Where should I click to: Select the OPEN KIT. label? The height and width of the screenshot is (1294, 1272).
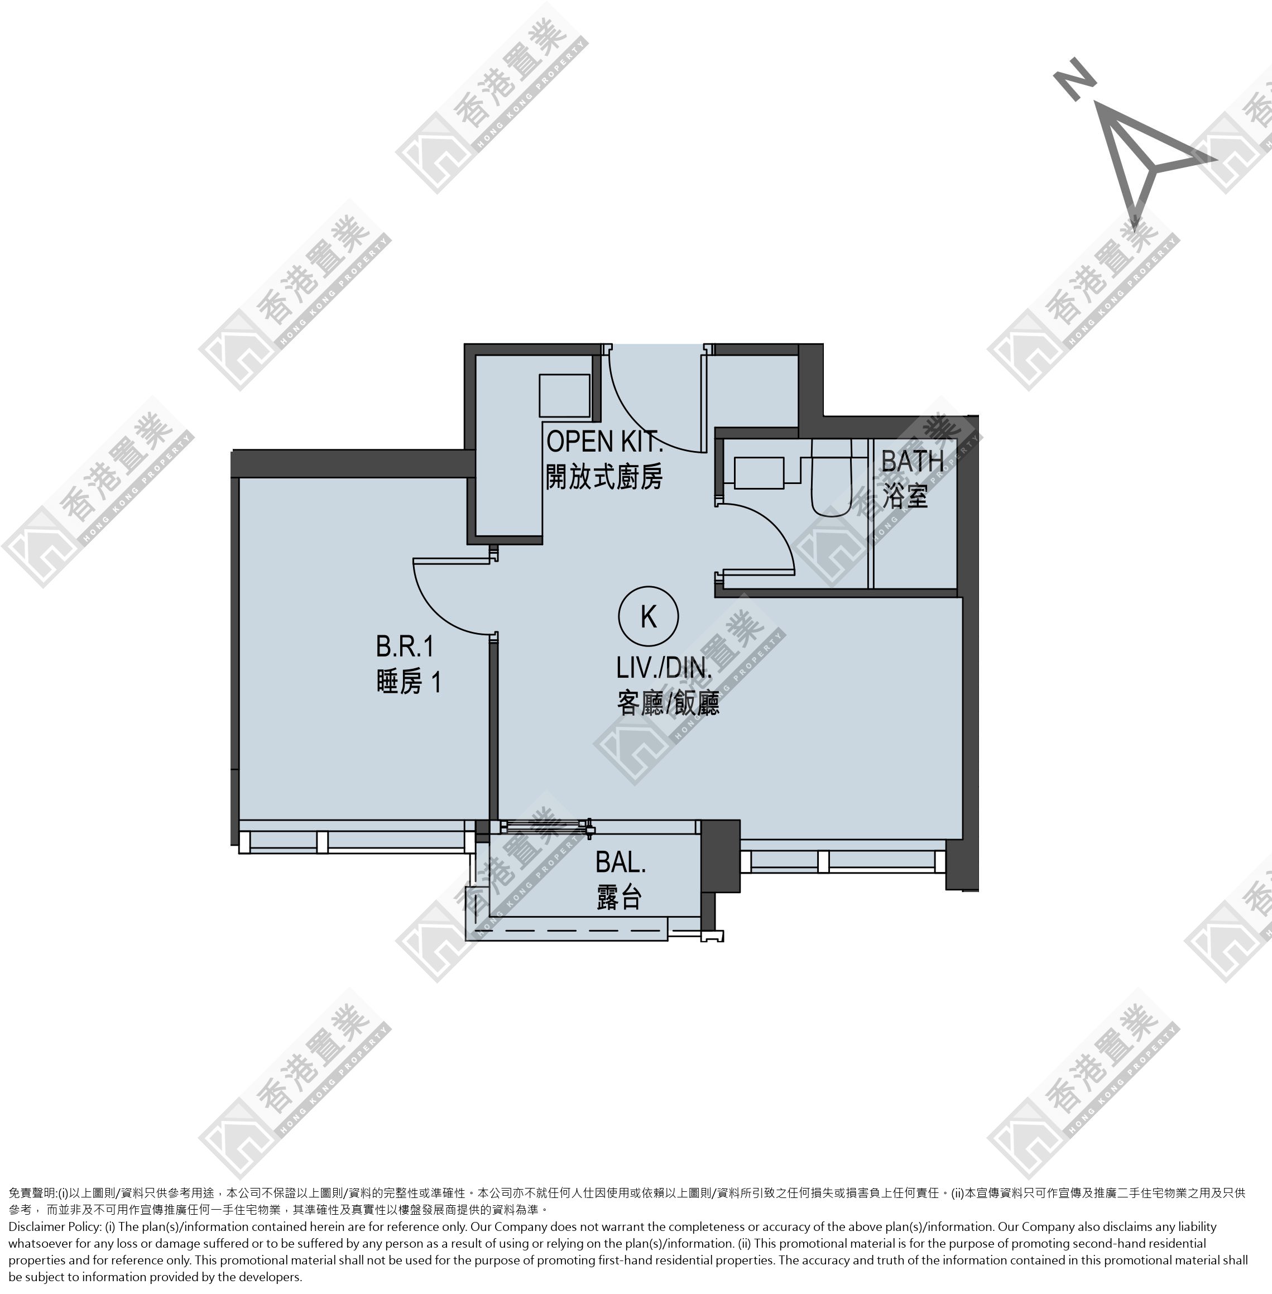coord(604,442)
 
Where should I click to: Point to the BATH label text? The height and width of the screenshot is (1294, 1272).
coord(912,461)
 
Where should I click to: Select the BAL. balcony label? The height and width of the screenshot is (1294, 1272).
coord(621,862)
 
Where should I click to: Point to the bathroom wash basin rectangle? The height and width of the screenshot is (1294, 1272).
coord(759,473)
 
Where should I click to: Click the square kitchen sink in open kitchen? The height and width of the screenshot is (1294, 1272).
coord(564,395)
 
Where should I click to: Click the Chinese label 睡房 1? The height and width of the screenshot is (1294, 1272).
coord(408,683)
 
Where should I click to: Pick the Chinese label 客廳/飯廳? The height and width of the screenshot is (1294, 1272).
coord(668,704)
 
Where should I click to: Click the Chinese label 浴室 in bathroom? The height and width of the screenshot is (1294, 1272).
coord(905,496)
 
